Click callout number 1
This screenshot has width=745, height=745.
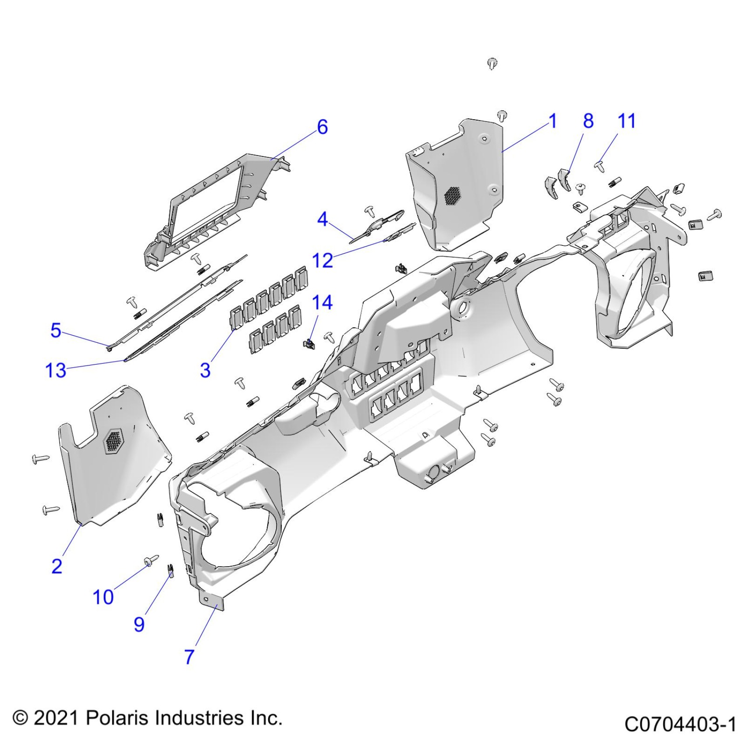pyautogui.click(x=553, y=121)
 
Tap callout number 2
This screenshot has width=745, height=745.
pyautogui.click(x=57, y=566)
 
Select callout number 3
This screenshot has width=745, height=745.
pyautogui.click(x=205, y=370)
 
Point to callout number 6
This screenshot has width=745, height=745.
pyautogui.click(x=323, y=127)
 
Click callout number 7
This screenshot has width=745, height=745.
pyautogui.click(x=189, y=656)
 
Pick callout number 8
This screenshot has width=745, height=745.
pyautogui.click(x=588, y=121)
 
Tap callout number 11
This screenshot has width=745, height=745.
pyautogui.click(x=626, y=121)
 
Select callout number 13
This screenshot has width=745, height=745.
pyautogui.click(x=56, y=370)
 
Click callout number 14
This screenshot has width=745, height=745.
pyautogui.click(x=322, y=302)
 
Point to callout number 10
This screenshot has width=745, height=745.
pyautogui.click(x=103, y=597)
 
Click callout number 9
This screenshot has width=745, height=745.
pyautogui.click(x=139, y=624)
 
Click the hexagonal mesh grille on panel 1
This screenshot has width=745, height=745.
pyautogui.click(x=452, y=196)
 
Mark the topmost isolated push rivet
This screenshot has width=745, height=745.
pyautogui.click(x=492, y=64)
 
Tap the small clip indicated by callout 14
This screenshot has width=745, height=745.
pyautogui.click(x=309, y=344)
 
